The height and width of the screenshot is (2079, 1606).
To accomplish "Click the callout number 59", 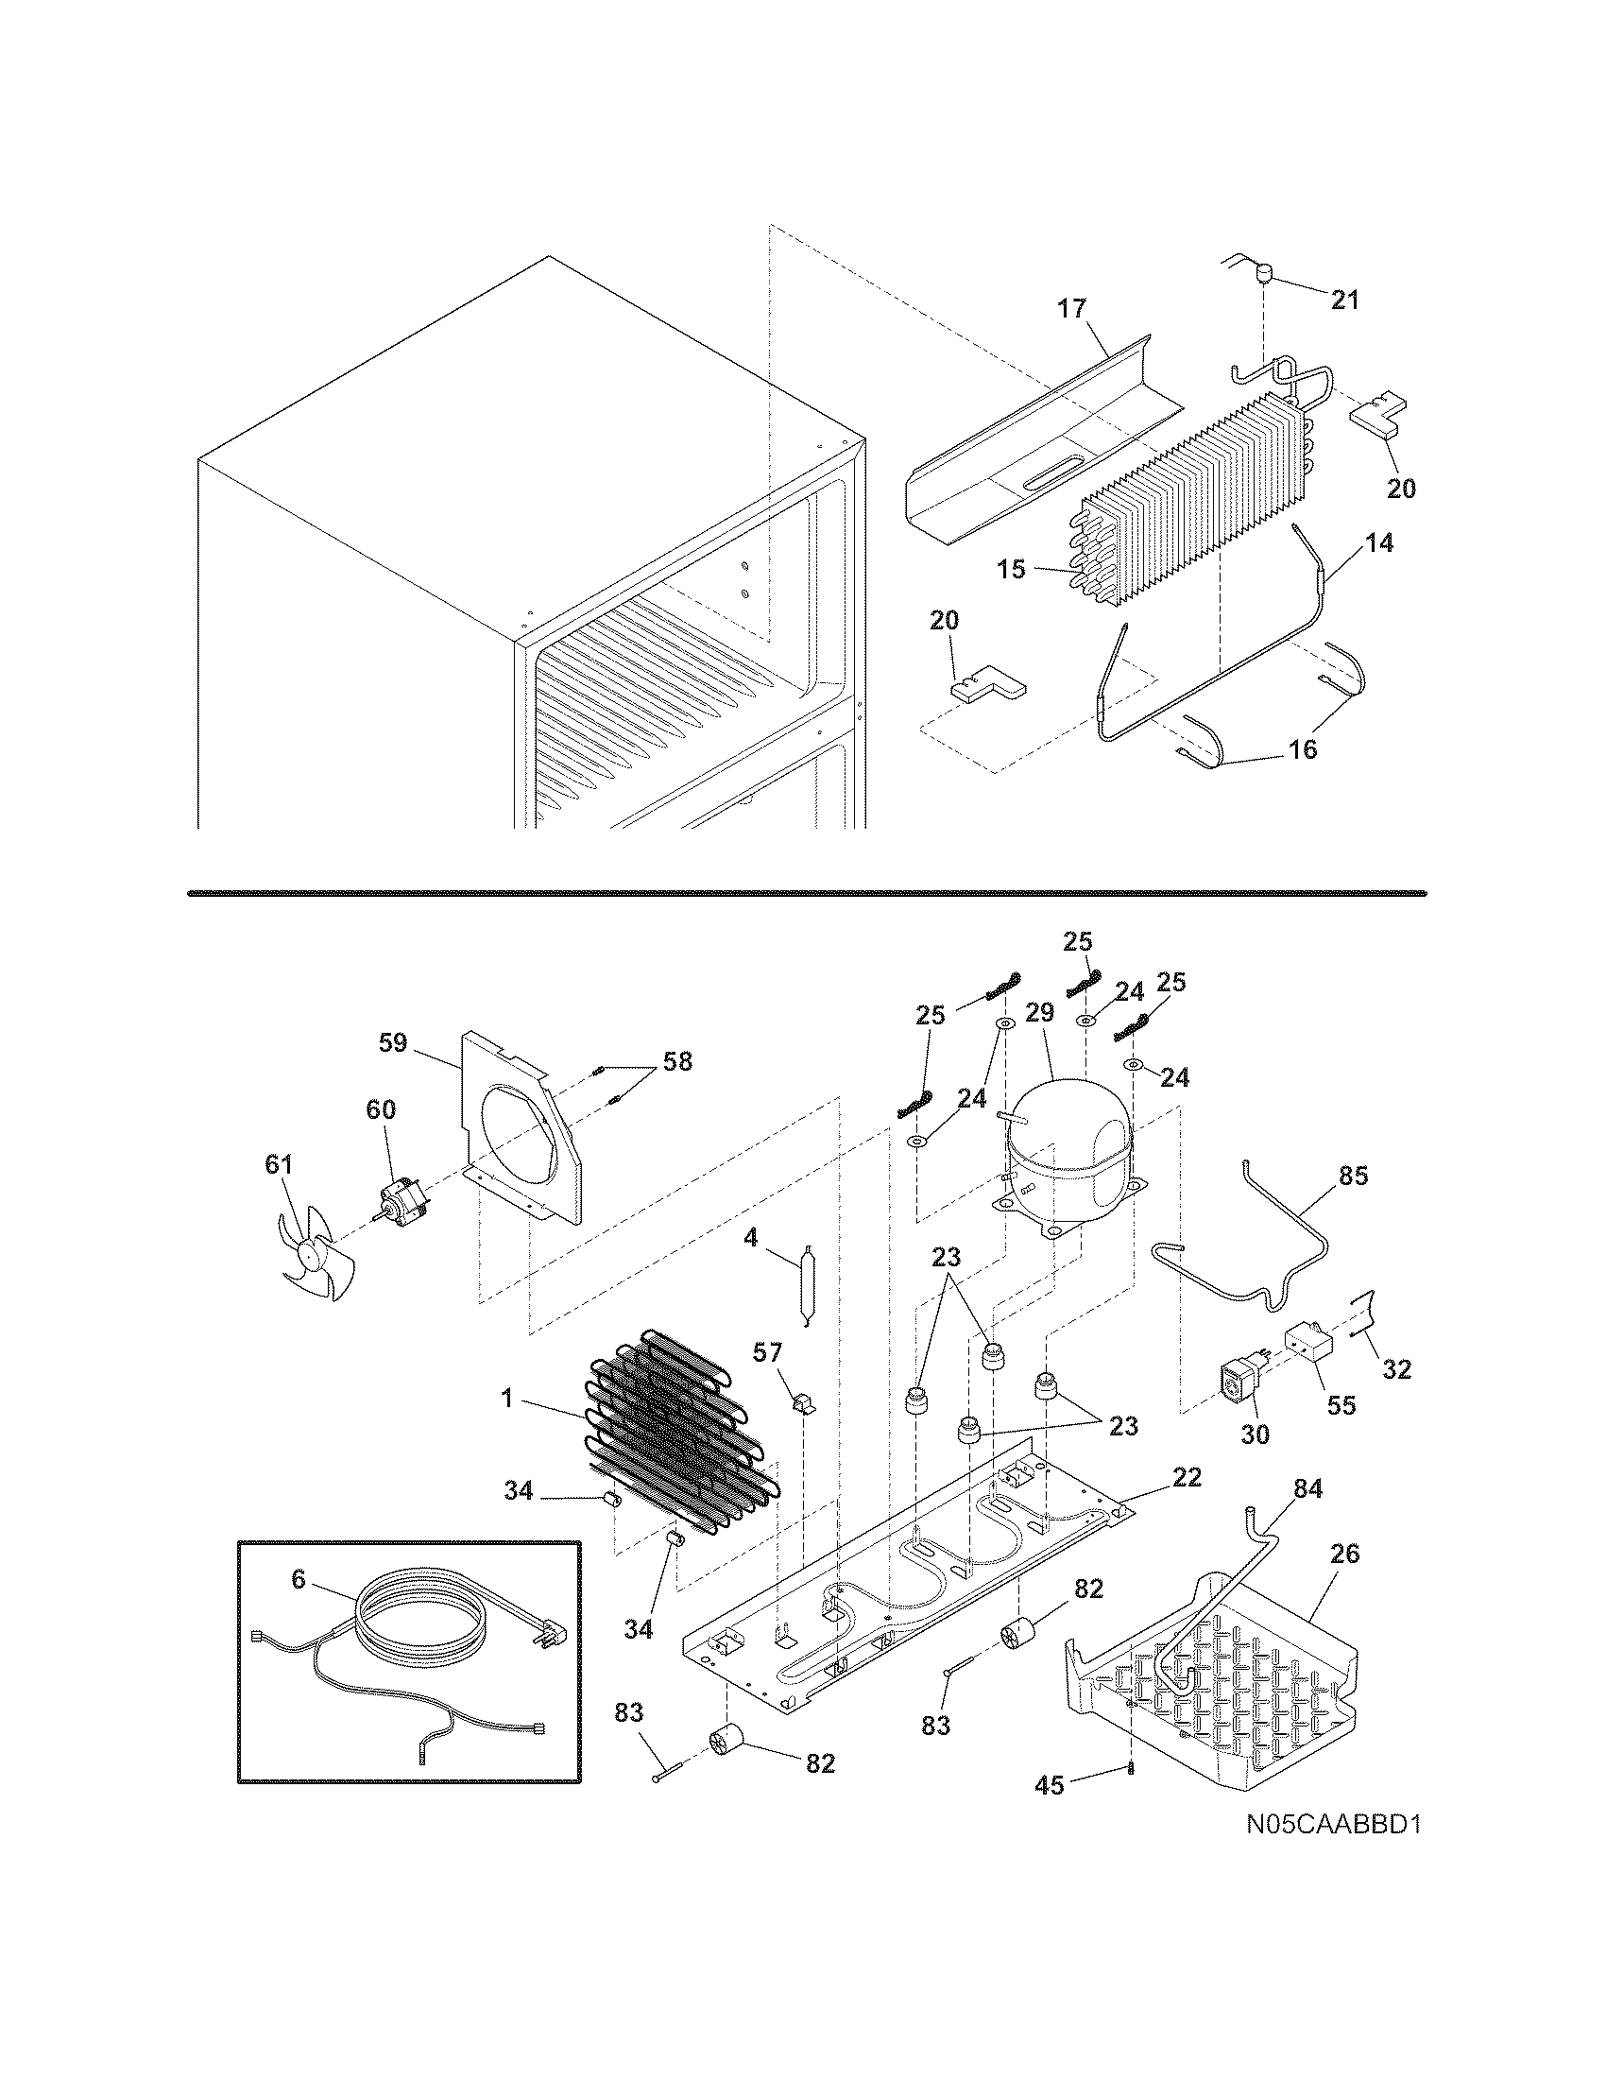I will (392, 1042).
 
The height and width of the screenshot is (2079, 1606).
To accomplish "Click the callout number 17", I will (1070, 308).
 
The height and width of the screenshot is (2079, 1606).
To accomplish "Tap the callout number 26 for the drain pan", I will (1345, 1555).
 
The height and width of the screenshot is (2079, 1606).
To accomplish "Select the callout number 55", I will (1341, 1405).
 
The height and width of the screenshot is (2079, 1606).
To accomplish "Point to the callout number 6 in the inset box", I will (298, 1580).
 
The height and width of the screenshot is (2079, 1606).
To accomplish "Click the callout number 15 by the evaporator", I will (1012, 569).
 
